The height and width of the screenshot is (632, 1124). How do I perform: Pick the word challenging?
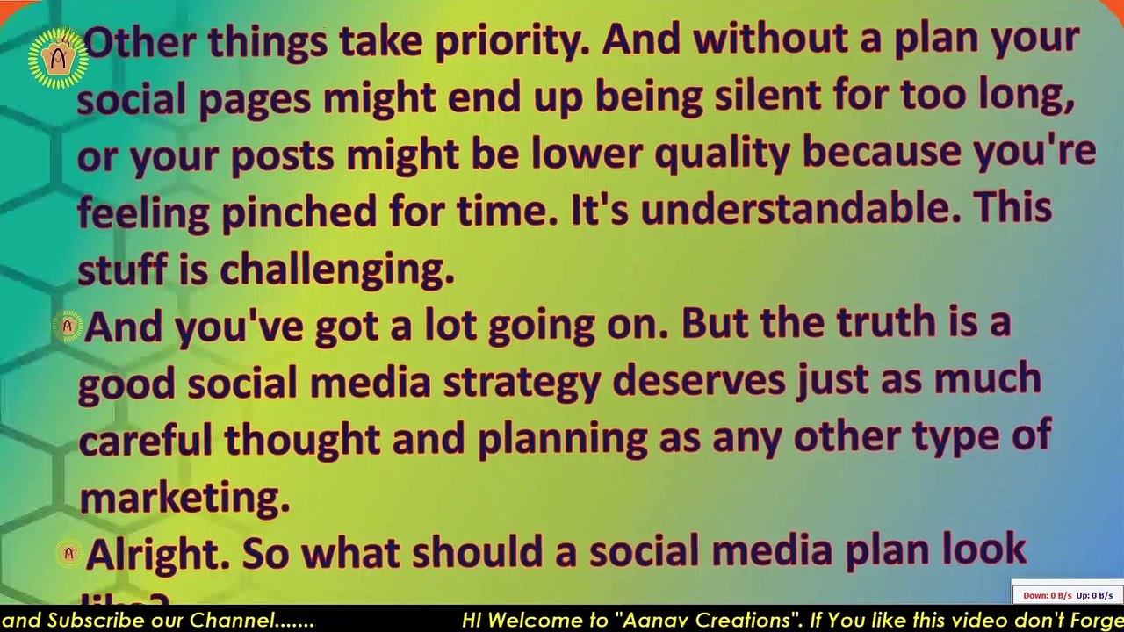point(336,269)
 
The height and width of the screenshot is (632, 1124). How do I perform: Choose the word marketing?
point(184,498)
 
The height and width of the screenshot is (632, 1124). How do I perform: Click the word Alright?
point(158,553)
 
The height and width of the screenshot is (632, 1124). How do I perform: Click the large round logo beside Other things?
point(58,58)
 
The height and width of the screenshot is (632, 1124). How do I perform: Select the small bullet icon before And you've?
point(68,327)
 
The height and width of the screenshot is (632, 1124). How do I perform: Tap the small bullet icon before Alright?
point(68,554)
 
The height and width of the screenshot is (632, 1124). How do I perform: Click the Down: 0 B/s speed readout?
point(1047,595)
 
